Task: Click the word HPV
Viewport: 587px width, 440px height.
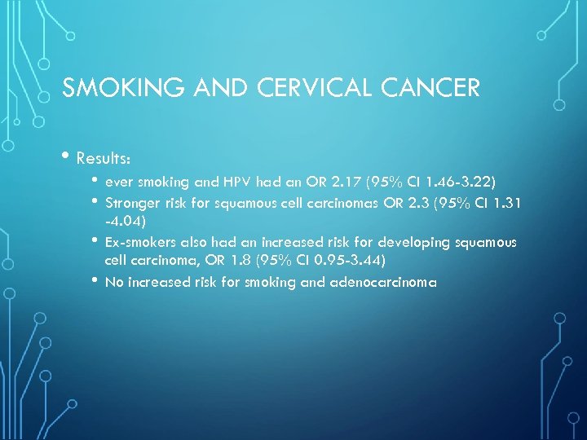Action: (x=246, y=183)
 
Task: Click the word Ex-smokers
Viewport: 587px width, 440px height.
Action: (x=139, y=243)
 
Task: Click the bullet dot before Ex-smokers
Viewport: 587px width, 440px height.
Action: (x=95, y=241)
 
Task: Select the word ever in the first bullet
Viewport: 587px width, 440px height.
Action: (x=119, y=183)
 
